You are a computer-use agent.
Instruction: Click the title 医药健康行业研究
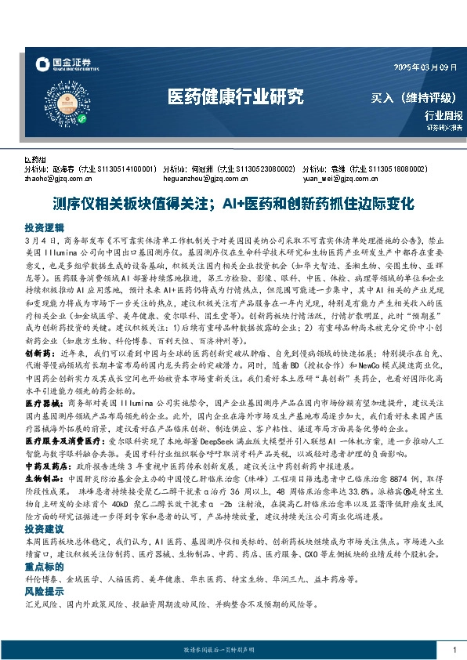click(x=235, y=97)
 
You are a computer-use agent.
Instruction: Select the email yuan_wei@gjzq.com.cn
click(x=344, y=177)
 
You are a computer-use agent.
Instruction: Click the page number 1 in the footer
click(x=454, y=650)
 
